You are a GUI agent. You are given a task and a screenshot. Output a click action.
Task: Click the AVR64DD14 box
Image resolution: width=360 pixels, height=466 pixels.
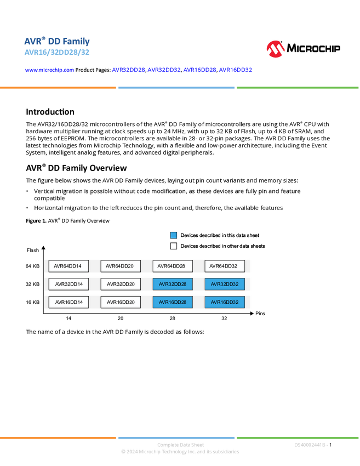(68, 266)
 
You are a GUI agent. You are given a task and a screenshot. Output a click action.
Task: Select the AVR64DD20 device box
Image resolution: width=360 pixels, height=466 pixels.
(121, 266)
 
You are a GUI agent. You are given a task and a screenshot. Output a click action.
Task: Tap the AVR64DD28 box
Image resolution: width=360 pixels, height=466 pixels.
(173, 266)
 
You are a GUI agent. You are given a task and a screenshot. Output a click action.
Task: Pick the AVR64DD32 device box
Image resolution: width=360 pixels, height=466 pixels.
(225, 266)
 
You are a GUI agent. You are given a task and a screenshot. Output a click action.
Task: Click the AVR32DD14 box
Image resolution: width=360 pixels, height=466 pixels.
(68, 285)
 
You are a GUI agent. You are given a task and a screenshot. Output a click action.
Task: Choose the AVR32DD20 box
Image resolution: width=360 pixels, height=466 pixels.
(121, 285)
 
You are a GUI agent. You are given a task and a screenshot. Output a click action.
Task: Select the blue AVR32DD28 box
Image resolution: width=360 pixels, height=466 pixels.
(173, 285)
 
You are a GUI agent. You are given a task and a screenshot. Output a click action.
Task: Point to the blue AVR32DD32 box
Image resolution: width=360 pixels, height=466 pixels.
(225, 285)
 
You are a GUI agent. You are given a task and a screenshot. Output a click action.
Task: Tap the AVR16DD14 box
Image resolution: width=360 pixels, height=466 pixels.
(68, 302)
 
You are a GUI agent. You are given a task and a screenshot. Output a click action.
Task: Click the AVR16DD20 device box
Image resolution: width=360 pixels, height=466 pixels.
(121, 302)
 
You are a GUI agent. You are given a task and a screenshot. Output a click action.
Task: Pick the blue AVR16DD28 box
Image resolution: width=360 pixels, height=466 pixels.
(173, 302)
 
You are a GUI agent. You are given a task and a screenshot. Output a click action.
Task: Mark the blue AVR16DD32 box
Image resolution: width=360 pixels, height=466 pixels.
(225, 302)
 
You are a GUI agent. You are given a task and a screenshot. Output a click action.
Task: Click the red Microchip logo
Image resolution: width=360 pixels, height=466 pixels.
(275, 49)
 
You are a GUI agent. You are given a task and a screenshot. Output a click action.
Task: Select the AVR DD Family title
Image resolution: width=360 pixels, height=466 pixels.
(57, 41)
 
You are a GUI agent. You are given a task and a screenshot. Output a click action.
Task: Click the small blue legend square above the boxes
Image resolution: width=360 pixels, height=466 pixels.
(174, 235)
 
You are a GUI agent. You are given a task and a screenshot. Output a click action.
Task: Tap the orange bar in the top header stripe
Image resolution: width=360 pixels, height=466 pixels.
(58, 88)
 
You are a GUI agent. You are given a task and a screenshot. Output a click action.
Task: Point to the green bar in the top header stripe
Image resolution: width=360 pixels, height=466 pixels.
(298, 88)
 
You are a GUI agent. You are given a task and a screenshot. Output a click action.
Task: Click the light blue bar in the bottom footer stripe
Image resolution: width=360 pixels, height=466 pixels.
(176, 437)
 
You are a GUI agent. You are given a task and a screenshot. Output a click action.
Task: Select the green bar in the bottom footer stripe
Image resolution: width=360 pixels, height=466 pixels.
(298, 437)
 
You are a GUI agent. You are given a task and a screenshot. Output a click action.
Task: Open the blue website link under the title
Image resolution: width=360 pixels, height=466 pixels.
(49, 70)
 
